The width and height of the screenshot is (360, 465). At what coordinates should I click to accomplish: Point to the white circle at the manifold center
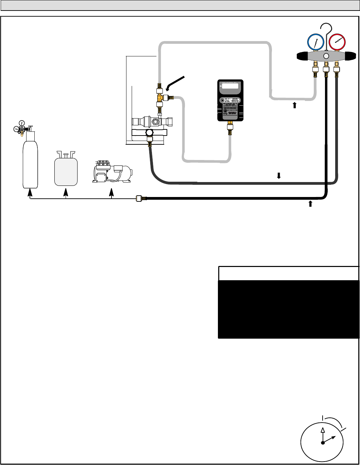(326, 56)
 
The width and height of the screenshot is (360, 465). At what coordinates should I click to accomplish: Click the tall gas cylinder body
(30, 163)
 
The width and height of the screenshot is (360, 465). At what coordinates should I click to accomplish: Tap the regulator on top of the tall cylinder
(22, 128)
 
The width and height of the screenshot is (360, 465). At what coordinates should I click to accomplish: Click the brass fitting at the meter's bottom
(230, 128)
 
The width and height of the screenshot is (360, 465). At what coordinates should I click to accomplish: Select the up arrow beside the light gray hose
(295, 105)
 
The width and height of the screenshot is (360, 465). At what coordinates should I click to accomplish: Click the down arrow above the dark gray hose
(279, 175)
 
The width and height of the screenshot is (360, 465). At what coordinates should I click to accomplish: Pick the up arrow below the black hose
(310, 203)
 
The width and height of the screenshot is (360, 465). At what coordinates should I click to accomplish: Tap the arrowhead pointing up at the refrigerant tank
(66, 192)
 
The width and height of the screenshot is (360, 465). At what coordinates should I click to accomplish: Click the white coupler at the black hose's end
(139, 199)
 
